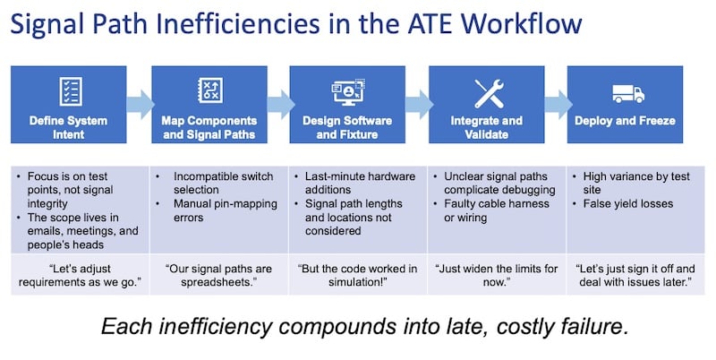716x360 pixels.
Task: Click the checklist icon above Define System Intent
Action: tap(71, 91)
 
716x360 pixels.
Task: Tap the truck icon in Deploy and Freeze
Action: tap(628, 94)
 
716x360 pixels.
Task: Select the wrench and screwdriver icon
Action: tap(489, 94)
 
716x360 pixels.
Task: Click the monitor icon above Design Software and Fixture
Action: tap(348, 92)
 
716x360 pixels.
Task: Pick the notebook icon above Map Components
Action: tap(210, 90)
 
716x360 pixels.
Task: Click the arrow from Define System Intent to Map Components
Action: tap(141, 105)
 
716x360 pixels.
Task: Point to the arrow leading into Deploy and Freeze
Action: tap(558, 105)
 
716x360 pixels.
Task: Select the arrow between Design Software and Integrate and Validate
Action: tap(419, 105)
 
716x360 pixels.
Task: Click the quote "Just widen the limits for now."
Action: tap(497, 275)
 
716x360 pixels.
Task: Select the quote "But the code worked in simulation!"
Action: tap(357, 275)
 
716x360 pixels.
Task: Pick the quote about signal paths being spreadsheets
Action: tap(217, 275)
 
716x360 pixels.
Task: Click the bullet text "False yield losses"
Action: tap(628, 204)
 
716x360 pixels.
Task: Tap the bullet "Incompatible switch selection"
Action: tap(223, 183)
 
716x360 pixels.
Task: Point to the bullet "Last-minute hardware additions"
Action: tap(361, 183)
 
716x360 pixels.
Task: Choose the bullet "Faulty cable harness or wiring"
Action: tap(497, 210)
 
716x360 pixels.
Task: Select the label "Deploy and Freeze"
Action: tap(625, 121)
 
